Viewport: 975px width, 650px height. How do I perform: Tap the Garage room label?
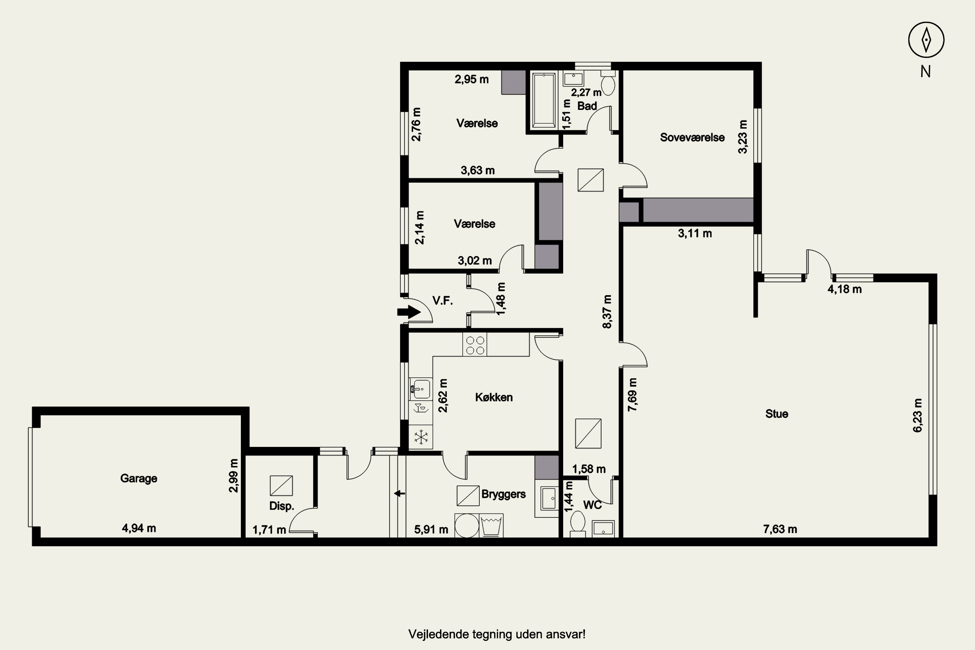click(138, 478)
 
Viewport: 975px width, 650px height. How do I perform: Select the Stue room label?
click(776, 414)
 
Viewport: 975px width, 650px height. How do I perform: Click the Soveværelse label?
click(692, 137)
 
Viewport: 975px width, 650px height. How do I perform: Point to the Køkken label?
click(494, 397)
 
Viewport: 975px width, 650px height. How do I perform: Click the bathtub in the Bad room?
click(544, 100)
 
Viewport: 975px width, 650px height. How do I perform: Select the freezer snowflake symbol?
click(421, 437)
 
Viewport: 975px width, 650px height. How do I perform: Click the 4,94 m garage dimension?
click(139, 528)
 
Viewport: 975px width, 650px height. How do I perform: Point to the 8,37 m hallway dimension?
click(607, 312)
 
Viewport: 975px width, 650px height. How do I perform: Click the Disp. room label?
click(281, 506)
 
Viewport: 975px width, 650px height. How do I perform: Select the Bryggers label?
click(503, 494)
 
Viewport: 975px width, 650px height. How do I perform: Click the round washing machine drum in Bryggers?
click(467, 526)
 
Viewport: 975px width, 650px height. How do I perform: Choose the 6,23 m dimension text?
click(917, 415)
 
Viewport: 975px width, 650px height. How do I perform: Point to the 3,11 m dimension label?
click(695, 233)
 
